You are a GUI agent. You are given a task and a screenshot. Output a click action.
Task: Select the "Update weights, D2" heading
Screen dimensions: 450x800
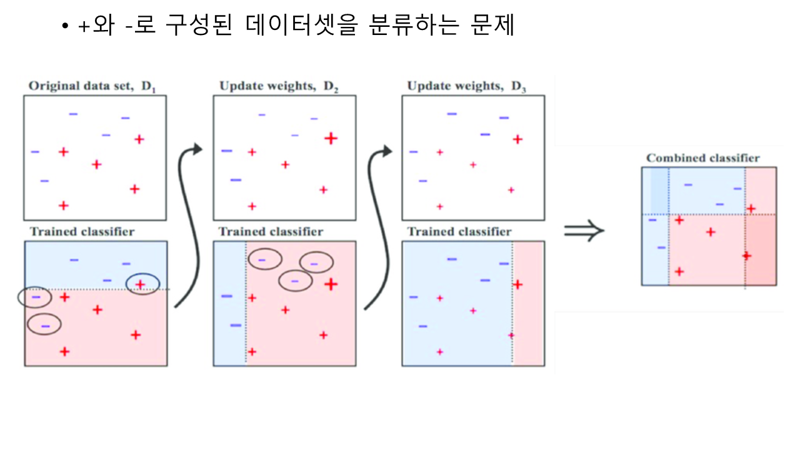279,86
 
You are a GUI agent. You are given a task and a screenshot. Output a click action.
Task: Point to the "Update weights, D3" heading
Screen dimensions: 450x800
466,86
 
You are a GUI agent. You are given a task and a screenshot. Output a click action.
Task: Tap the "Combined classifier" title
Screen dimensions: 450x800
703,158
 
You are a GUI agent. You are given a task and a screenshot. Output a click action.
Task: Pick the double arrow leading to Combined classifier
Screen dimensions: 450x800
584,231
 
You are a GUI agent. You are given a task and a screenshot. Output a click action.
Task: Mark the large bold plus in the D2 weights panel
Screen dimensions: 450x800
331,138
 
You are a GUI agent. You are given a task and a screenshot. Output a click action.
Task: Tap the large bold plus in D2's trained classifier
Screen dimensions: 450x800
331,284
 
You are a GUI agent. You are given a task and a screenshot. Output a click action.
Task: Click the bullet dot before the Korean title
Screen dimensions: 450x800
64,28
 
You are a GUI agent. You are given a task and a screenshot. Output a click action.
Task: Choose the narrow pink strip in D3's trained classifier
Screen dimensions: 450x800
528,303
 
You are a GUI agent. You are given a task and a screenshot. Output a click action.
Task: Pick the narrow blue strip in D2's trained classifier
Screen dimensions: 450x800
229,303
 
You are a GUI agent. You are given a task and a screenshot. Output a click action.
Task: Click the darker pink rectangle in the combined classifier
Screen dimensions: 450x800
761,250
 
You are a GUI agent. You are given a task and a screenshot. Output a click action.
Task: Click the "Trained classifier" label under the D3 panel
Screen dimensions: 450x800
459,232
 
